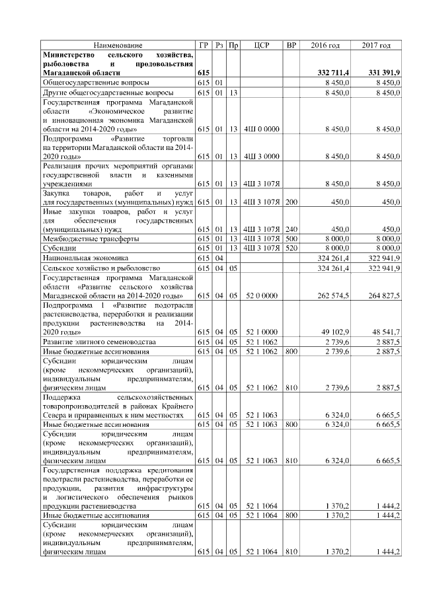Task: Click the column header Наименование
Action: (117, 45)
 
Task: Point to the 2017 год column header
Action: (376, 45)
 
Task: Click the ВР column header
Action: (291, 45)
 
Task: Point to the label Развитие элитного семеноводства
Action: (99, 342)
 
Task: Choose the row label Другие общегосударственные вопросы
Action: (108, 93)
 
